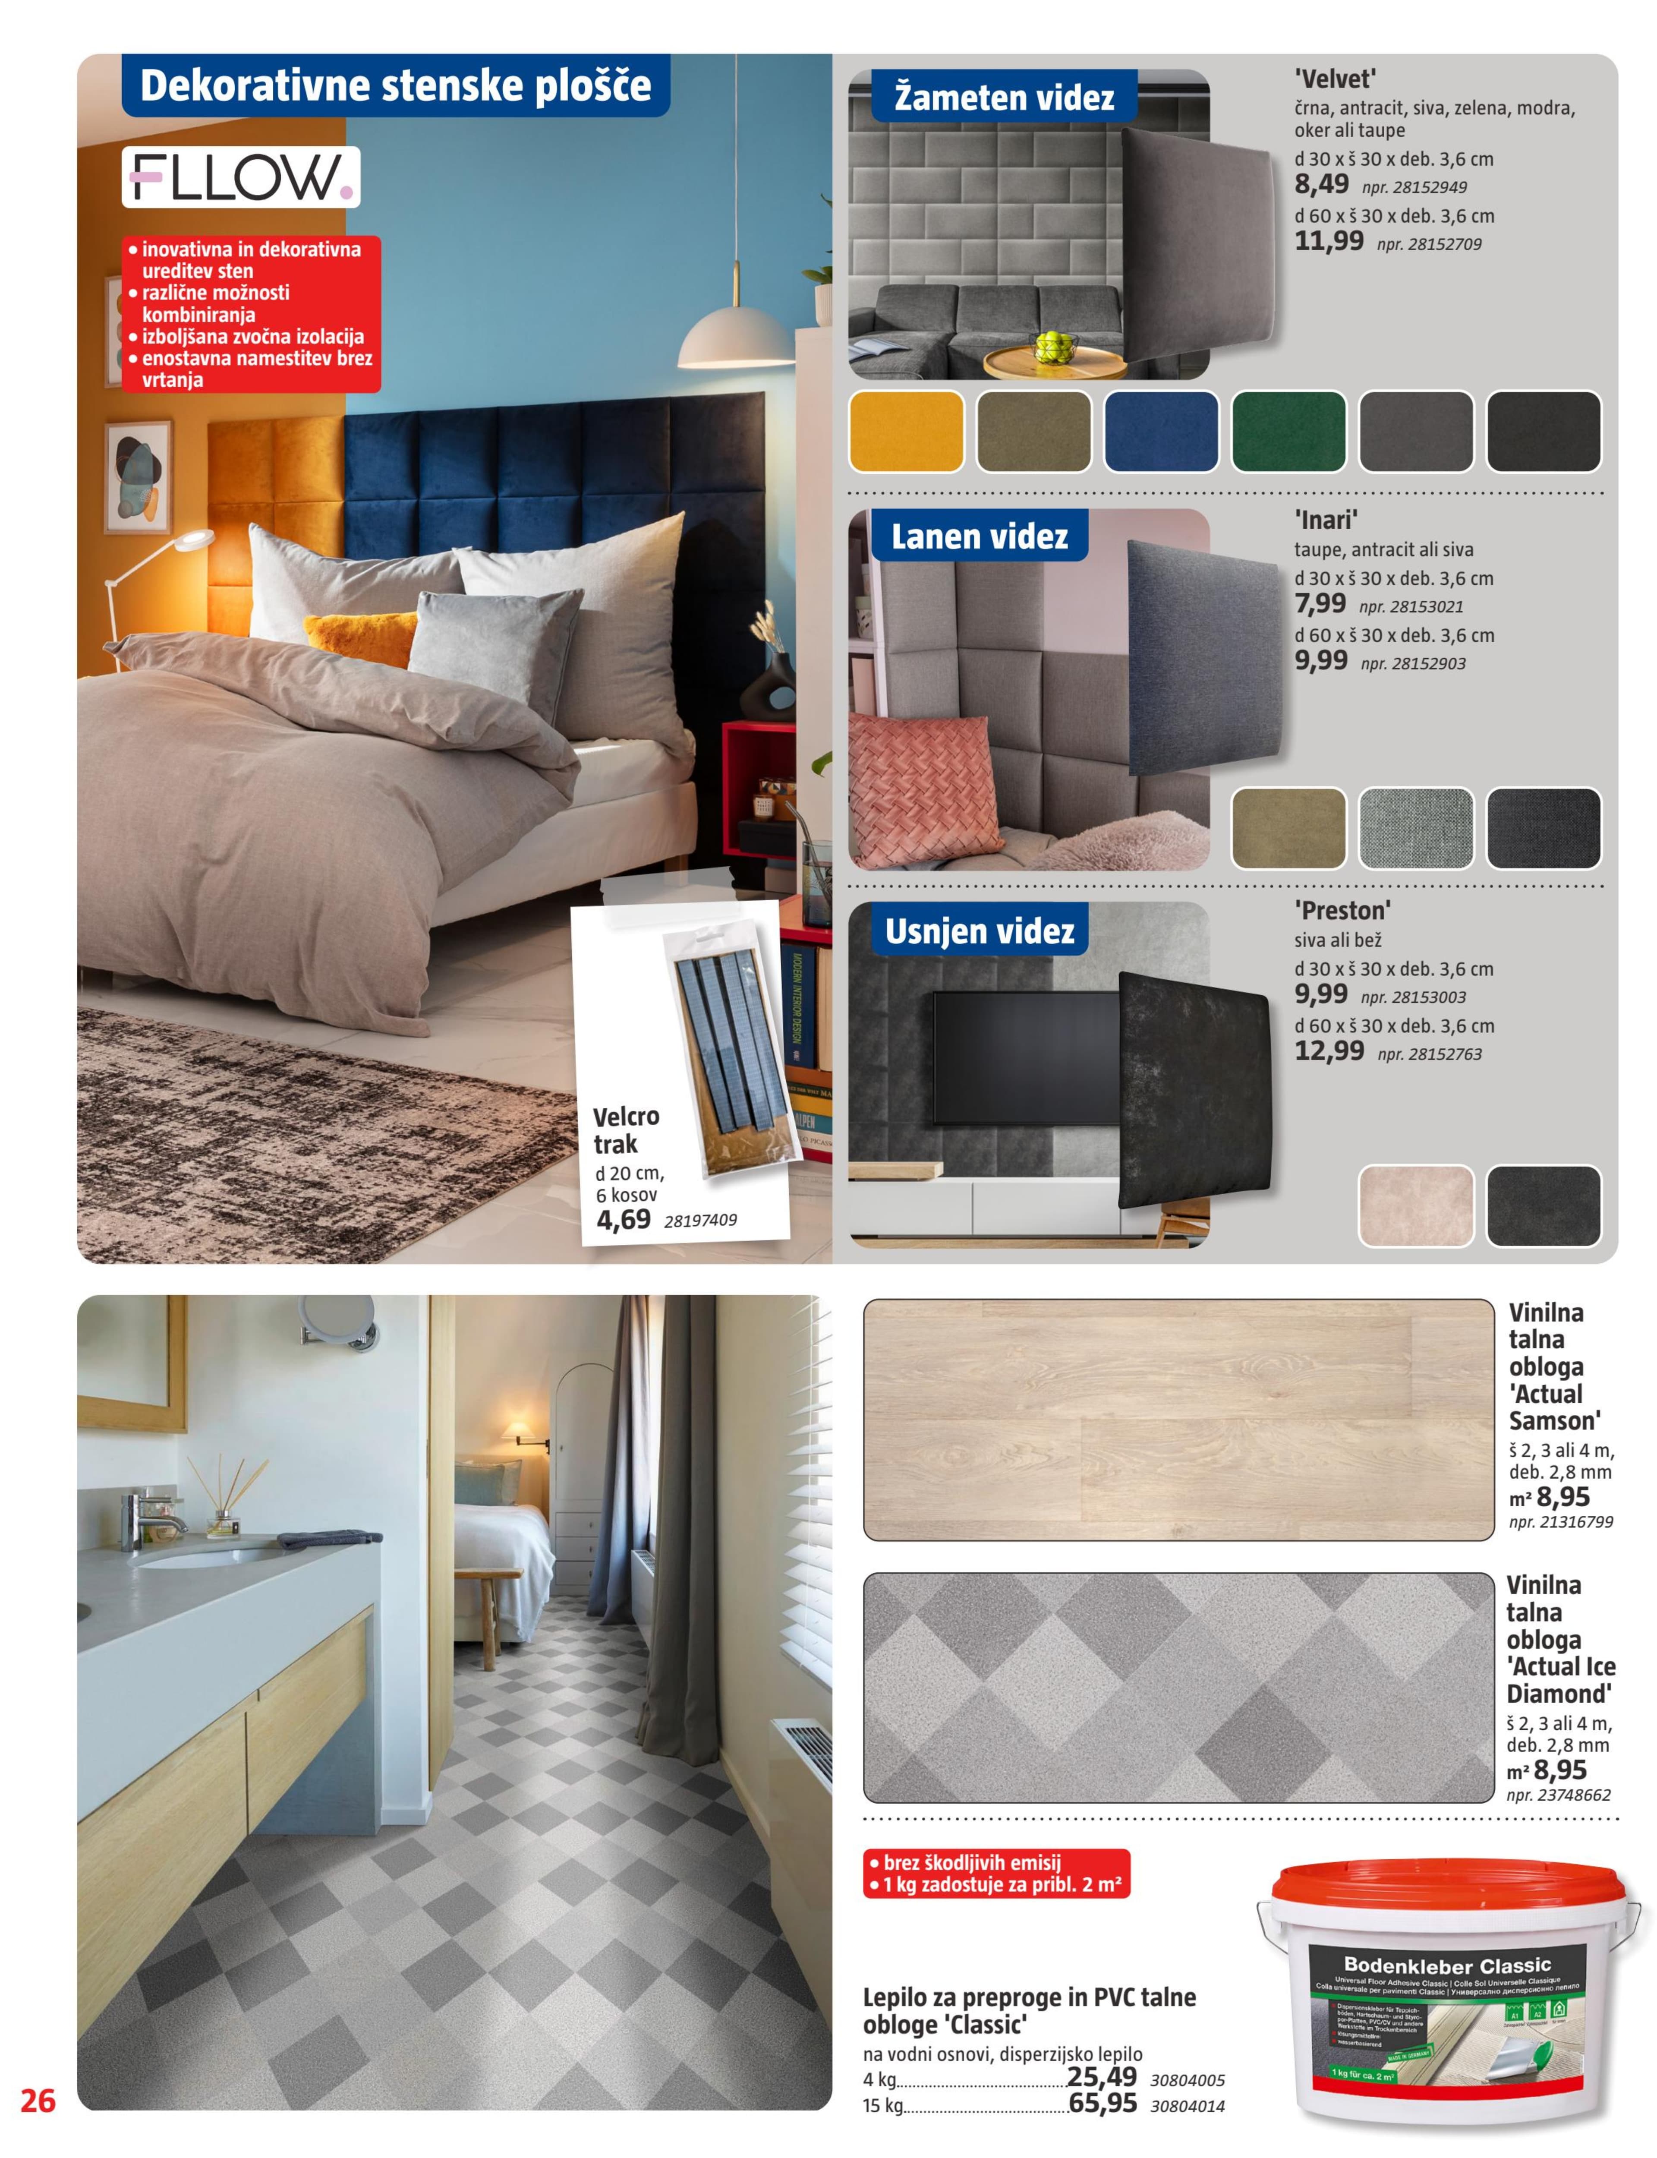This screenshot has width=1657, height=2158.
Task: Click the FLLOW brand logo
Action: (241, 177)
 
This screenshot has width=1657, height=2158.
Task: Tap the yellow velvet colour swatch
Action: (905, 431)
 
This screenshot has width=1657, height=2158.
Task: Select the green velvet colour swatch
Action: (1288, 431)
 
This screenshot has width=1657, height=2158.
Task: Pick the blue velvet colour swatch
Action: (1161, 431)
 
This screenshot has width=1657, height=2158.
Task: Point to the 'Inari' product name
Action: (1326, 520)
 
